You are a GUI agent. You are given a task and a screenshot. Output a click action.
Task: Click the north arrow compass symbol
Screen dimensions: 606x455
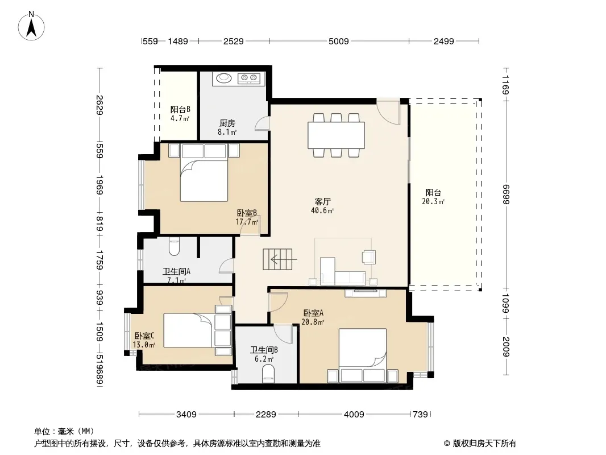[x=31, y=26]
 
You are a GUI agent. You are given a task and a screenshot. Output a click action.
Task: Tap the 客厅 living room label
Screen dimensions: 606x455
[x=322, y=202]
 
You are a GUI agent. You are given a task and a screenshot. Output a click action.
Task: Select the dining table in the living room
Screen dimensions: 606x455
[x=336, y=135]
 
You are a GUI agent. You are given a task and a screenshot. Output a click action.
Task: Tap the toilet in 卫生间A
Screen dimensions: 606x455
[x=175, y=247]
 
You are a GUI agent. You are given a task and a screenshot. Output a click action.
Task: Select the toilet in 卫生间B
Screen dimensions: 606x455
[x=268, y=375]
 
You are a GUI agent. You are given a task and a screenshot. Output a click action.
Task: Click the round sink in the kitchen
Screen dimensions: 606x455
[x=224, y=78]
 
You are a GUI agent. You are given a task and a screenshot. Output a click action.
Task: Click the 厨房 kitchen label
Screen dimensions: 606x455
[x=227, y=123]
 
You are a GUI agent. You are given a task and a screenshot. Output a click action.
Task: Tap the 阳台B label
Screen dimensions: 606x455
[x=180, y=110]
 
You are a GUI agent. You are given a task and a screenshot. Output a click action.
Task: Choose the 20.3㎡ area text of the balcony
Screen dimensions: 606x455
[x=433, y=201]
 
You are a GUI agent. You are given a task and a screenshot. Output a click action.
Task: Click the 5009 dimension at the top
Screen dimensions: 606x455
[x=339, y=42]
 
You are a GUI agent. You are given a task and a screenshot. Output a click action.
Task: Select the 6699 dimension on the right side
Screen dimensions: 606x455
[x=506, y=195]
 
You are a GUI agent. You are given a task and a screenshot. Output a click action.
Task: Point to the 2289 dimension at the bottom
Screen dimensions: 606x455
[x=266, y=415]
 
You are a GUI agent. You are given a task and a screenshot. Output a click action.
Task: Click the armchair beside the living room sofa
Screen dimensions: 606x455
[x=369, y=257]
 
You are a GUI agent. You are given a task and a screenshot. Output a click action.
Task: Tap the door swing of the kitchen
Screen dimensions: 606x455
[x=262, y=124]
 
